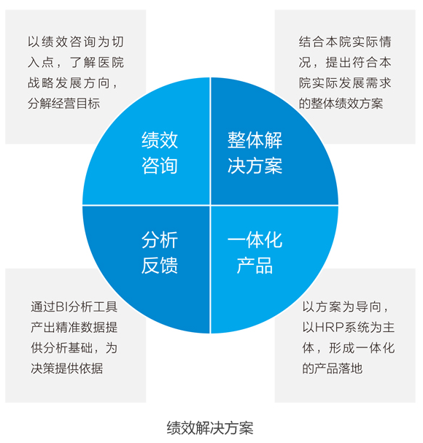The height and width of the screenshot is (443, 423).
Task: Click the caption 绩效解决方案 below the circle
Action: [210, 428]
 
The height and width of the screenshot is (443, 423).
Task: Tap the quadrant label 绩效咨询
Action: [160, 153]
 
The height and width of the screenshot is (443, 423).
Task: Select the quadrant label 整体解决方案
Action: [255, 153]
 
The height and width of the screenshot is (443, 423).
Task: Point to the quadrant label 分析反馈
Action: [160, 253]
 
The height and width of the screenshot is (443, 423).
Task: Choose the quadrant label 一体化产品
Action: [255, 253]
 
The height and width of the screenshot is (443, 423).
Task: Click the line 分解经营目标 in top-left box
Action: [64, 104]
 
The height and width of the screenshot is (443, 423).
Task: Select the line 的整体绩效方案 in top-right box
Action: [341, 104]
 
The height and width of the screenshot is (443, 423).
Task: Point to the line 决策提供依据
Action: [67, 369]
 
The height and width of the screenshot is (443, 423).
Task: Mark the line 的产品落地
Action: [332, 369]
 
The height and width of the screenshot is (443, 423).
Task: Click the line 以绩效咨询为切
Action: [76, 42]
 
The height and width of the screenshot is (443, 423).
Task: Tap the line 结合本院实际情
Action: [345, 42]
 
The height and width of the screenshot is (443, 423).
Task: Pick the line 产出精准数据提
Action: [74, 328]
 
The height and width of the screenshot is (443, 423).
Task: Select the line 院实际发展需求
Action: [345, 82]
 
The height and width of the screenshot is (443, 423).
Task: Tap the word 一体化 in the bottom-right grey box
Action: [375, 348]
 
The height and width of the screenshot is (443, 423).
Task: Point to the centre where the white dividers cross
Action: [210, 205]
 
